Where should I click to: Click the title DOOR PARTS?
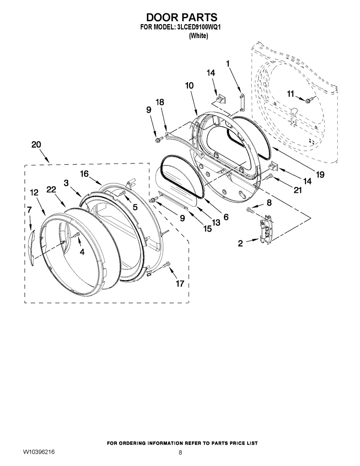click(x=181, y=17)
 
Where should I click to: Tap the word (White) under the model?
click(x=198, y=36)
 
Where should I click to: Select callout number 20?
click(x=36, y=144)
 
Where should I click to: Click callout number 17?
click(x=180, y=283)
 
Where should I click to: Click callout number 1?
click(x=228, y=64)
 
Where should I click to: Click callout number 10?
click(x=189, y=85)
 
